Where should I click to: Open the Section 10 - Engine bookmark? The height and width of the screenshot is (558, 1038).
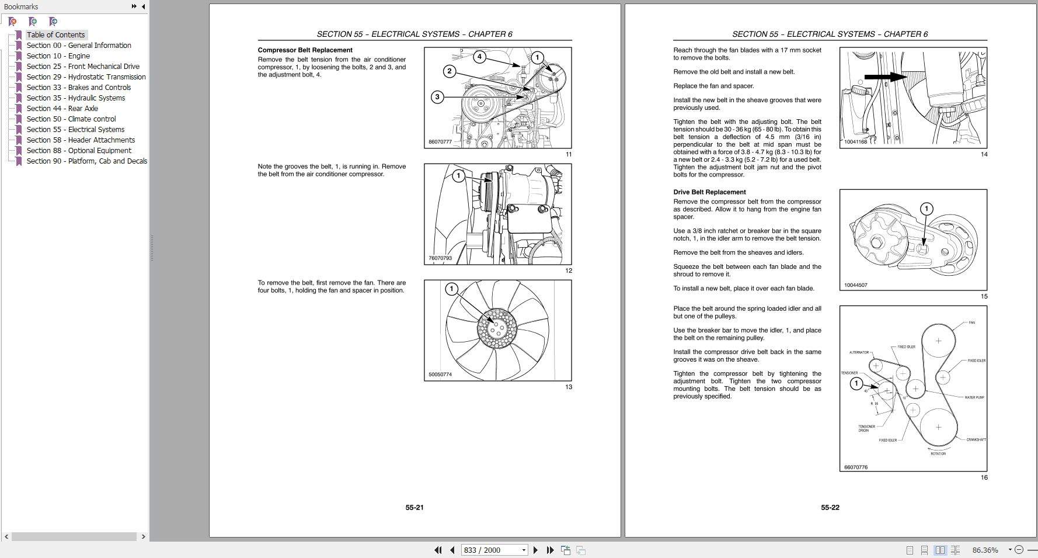point(58,56)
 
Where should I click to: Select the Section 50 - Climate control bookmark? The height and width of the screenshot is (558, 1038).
point(71,119)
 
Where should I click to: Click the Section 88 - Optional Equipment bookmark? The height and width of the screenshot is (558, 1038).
point(79,151)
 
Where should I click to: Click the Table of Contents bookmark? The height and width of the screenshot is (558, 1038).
point(55,35)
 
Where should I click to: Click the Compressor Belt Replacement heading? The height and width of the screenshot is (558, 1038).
point(305,50)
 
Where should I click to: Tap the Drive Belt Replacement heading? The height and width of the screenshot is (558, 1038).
point(709,192)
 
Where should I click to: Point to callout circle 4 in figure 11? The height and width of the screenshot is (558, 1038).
point(479,57)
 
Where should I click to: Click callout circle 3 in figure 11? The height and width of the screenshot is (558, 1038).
point(437,97)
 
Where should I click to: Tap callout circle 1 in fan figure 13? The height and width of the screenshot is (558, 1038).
point(451,289)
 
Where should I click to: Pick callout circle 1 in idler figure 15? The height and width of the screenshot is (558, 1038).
point(926,209)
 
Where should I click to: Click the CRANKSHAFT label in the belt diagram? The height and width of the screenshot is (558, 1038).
point(976,439)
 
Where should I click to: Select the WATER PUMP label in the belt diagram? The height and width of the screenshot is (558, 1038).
point(974,397)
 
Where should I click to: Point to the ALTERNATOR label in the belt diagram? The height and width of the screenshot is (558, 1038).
point(859,352)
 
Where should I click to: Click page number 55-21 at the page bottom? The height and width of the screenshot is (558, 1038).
point(414,508)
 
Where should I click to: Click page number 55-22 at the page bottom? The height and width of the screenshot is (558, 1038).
point(830,508)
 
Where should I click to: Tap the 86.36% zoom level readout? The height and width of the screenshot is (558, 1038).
point(985,550)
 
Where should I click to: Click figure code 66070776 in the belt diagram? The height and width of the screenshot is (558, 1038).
point(856,467)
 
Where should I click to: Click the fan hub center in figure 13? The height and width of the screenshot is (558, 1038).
point(497,330)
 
